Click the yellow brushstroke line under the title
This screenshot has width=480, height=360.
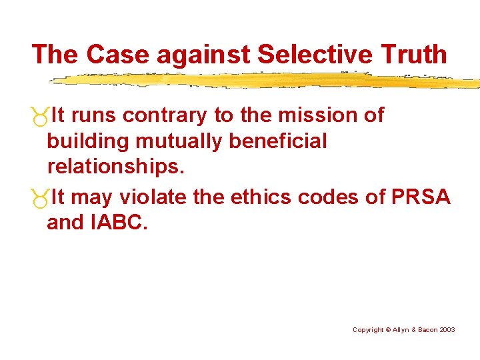coord(267,81)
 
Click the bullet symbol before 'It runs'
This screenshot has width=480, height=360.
coord(40,117)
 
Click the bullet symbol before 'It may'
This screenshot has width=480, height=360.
coord(40,199)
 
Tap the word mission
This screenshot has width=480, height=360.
coord(319,115)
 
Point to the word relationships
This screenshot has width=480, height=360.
coord(115,167)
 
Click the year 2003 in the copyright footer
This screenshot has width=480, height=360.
coord(447,330)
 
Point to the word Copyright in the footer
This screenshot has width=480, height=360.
coord(368,330)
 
